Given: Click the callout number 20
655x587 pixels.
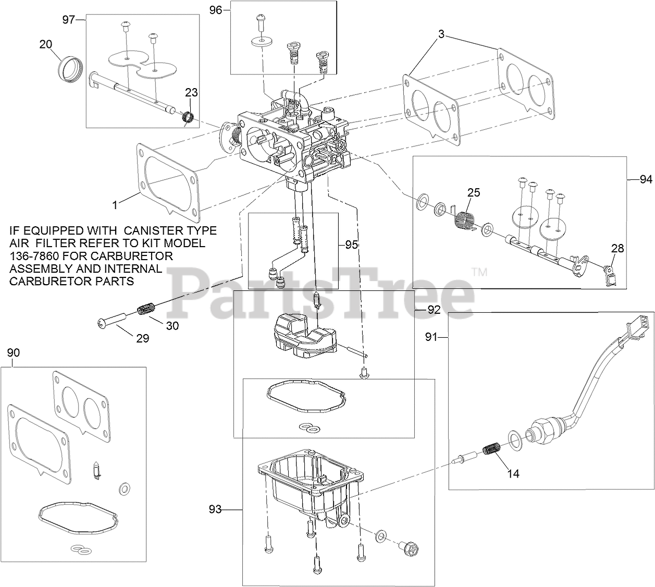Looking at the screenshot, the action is pos(45,44).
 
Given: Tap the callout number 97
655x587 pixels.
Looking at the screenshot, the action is pos(69,20).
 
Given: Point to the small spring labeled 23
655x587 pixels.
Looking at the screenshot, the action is pos(188,117).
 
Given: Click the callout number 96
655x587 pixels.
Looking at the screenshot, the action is pos(216,10).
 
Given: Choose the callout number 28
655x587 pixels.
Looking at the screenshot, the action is pos(617,248).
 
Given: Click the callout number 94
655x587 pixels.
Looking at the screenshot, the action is pos(646,179).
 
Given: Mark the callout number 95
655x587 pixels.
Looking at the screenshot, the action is pos(351,245).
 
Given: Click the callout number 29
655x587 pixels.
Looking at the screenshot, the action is pos(143,339).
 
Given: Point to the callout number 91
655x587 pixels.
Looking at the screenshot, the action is pos(431,337).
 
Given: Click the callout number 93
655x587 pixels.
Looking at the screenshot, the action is pos(215,509).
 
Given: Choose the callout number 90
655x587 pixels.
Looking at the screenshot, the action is pos(13,352).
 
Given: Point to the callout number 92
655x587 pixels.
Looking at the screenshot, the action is pos(434,310).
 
